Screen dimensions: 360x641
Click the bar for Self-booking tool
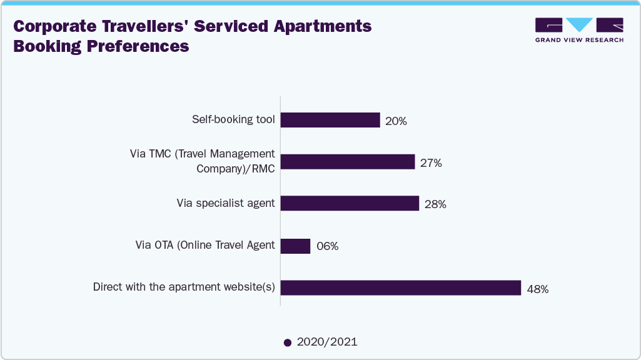pos(330,120)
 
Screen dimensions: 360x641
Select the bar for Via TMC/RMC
pos(348,162)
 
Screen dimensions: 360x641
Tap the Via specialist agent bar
pos(350,203)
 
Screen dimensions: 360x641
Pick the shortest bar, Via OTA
pos(295,246)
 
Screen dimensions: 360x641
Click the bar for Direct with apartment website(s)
pos(401,287)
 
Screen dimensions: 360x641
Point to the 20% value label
pos(396,121)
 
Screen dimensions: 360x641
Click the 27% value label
pos(431,163)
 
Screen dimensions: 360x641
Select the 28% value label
pos(435,204)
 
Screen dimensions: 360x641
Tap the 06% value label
pos(326,246)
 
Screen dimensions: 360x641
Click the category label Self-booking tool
pos(233,119)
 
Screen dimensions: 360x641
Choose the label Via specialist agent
pos(226,203)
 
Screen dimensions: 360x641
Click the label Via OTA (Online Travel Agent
pos(205,245)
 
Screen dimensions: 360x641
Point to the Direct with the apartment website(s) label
pos(184,287)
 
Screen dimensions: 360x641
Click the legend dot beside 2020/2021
pos(287,342)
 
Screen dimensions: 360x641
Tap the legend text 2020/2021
pos(327,342)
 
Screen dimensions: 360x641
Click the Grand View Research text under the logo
pos(579,39)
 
